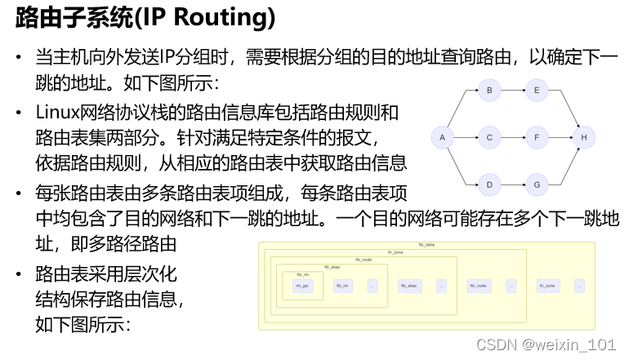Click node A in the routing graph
[x=442, y=137]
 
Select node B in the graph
[x=489, y=91]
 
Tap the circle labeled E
[x=536, y=91]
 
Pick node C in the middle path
[x=489, y=137]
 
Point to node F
[x=536, y=137]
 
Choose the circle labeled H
[x=583, y=137]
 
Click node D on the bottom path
[x=489, y=184]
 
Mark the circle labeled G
[x=536, y=184]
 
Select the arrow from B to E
[x=512, y=91]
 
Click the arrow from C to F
[x=512, y=137]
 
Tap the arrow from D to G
[x=512, y=184]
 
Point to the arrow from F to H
[x=560, y=137]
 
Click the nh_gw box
[x=302, y=286]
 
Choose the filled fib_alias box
[x=409, y=286]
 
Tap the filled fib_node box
[x=479, y=286]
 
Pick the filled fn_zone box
[x=548, y=286]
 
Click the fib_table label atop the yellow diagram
[x=427, y=245]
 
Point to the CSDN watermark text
[x=546, y=344]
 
